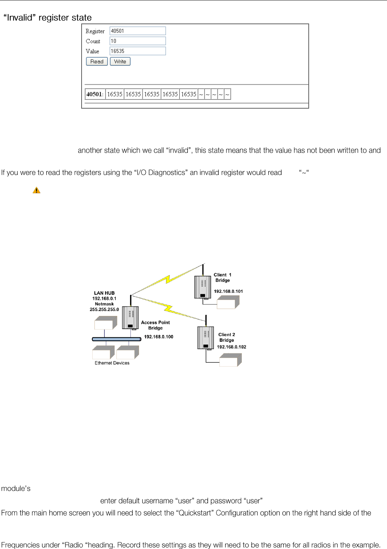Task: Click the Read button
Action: [97, 62]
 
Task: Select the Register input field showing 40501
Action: [137, 31]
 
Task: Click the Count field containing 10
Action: [137, 41]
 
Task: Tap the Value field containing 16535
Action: [137, 51]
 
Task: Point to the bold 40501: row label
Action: [95, 94]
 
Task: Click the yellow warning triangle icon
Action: [36, 190]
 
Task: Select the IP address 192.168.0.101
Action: [228, 291]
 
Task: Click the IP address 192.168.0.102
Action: [232, 347]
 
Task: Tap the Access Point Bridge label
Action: [155, 325]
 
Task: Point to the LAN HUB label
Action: [104, 293]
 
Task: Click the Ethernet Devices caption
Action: [112, 363]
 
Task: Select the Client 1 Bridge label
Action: [223, 277]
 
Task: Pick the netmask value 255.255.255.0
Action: [104, 309]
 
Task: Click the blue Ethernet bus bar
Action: [117, 339]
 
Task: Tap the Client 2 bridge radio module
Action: [205, 338]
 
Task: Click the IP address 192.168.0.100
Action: [158, 337]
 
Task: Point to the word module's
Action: [16, 488]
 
